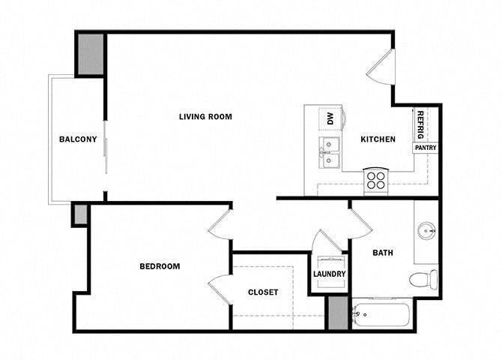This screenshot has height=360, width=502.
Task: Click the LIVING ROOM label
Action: [x=205, y=116]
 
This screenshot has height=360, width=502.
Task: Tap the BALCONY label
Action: [x=78, y=139]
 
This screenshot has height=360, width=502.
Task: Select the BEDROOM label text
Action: [x=160, y=266]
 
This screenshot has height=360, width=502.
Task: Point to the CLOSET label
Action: [x=263, y=292]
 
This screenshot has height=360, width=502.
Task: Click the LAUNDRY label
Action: [x=330, y=274]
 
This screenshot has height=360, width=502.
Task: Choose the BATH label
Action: [x=384, y=253]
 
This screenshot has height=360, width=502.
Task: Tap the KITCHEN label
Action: [x=378, y=139]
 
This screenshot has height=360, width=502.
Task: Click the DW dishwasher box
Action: [x=329, y=118]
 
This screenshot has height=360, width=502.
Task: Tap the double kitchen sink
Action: [x=329, y=153]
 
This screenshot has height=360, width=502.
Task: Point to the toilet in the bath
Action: [x=423, y=280]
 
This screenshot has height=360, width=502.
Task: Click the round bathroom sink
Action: [x=428, y=230]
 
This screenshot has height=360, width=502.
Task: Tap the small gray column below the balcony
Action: [x=79, y=214]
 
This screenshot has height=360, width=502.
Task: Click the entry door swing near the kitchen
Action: [x=380, y=67]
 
